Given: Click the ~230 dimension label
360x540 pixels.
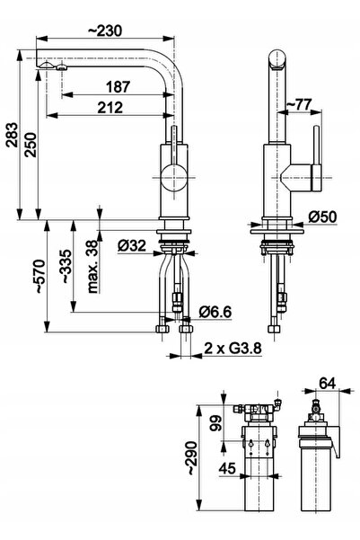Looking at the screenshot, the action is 105,31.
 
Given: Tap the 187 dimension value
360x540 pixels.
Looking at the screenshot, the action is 118,87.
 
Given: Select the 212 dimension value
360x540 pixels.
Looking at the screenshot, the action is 110,108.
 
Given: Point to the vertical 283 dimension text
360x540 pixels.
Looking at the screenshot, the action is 12,135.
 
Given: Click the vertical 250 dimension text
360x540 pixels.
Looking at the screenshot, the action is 31,145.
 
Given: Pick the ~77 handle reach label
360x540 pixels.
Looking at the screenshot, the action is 299,104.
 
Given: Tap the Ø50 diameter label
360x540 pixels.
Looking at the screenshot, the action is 322,217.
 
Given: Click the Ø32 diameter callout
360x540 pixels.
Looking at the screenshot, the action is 132,246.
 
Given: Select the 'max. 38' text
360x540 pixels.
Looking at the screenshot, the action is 93,267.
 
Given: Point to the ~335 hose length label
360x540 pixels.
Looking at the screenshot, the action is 66,267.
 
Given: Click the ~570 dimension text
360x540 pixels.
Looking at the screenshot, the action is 40,277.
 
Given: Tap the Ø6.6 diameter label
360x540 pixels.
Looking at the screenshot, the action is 215,312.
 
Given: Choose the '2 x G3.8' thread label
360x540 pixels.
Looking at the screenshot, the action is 233,349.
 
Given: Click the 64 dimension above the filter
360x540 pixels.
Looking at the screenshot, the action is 328,383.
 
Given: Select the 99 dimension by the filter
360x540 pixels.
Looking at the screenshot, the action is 215,423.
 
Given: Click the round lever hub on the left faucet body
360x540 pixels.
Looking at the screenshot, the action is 174,178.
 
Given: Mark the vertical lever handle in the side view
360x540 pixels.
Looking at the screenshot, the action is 316,157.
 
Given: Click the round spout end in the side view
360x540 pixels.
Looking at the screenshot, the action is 277,59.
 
